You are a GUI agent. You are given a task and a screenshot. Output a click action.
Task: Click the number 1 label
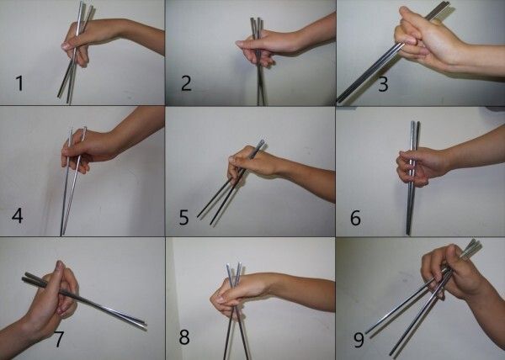(x=19, y=83)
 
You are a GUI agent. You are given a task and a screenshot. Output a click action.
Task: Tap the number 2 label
(x=187, y=83)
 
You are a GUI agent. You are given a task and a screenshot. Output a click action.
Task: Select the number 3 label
(x=383, y=84)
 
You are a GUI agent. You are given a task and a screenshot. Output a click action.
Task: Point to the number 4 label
(x=18, y=215)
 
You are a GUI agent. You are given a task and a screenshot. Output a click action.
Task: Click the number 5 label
(x=183, y=217)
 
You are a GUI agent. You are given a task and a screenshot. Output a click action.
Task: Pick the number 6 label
(x=355, y=218)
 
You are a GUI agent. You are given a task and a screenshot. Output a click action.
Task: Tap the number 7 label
(x=58, y=339)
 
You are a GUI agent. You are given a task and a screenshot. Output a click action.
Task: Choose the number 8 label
(x=184, y=337)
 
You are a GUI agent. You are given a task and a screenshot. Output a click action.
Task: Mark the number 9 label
(x=359, y=340)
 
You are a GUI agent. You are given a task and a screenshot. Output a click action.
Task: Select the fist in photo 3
(x=425, y=37)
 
